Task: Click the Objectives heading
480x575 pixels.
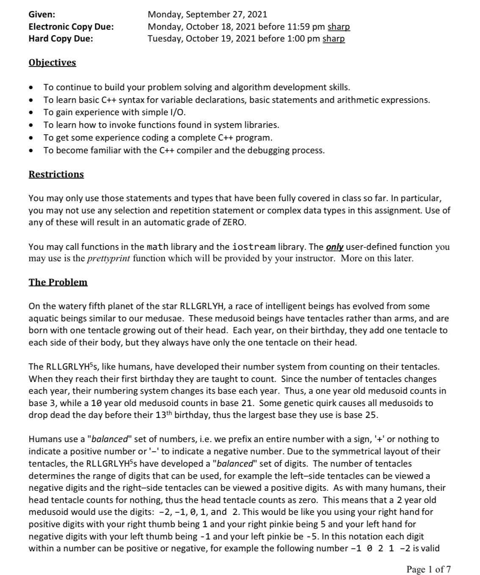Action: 52,63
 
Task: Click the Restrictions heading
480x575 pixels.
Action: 56,174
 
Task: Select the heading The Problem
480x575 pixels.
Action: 58,282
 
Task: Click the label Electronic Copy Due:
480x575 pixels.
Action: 71,27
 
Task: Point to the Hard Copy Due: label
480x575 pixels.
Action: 61,39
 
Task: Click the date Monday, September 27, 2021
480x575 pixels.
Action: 207,14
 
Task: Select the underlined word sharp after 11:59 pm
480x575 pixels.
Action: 339,27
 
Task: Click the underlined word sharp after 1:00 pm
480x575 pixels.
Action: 334,39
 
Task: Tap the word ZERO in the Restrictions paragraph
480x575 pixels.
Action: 234,222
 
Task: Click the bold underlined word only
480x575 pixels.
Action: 334,246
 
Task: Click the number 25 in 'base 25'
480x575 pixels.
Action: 371,415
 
